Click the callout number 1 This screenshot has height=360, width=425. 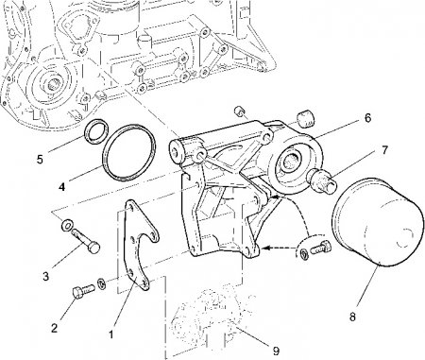[110, 334]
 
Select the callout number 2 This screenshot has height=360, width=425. [55, 328]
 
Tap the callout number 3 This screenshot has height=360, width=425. [46, 277]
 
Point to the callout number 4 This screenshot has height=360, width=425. [62, 187]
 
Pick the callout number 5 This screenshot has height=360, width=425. [40, 159]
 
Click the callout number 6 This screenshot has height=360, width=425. [367, 118]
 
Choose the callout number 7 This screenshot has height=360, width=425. [384, 150]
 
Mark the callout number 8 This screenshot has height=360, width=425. [352, 317]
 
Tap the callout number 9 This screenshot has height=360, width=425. [276, 351]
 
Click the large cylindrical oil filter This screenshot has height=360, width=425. [378, 222]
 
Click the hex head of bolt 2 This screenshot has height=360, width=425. [77, 293]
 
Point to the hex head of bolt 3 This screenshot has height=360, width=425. [93, 249]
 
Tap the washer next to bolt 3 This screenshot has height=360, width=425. [66, 225]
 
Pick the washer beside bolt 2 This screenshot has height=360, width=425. [102, 283]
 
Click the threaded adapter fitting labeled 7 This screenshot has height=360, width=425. [324, 182]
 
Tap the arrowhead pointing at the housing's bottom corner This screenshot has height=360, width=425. [263, 248]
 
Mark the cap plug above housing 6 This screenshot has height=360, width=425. [306, 118]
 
